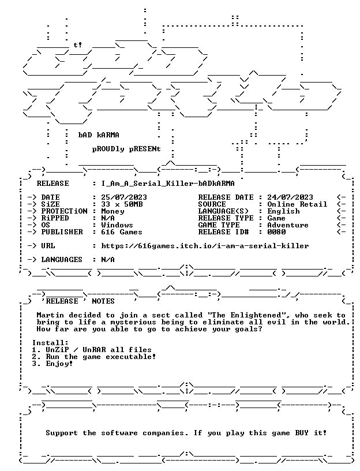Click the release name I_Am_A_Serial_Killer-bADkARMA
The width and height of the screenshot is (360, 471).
click(168, 183)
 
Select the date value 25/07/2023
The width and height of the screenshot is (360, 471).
click(124, 197)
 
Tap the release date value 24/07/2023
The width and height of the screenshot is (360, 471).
click(290, 197)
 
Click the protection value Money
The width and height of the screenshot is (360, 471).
click(112, 211)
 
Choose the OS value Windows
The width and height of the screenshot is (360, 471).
click(117, 225)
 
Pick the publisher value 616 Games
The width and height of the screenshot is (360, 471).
click(122, 231)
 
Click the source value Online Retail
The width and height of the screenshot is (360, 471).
click(297, 204)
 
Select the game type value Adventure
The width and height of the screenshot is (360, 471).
click(288, 225)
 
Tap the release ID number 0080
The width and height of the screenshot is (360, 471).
click(276, 231)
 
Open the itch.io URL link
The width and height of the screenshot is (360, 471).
click(205, 246)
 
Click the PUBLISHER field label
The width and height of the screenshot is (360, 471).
click(62, 231)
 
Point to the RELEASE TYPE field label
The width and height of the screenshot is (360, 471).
click(226, 218)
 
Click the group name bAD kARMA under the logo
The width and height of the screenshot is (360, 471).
click(99, 135)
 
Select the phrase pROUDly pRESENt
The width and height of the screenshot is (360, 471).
click(126, 149)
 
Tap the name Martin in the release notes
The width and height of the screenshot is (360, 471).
click(50, 315)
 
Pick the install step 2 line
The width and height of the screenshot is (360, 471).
click(94, 357)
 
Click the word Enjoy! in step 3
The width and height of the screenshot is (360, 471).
click(59, 364)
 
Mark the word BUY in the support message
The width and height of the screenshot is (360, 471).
click(302, 432)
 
